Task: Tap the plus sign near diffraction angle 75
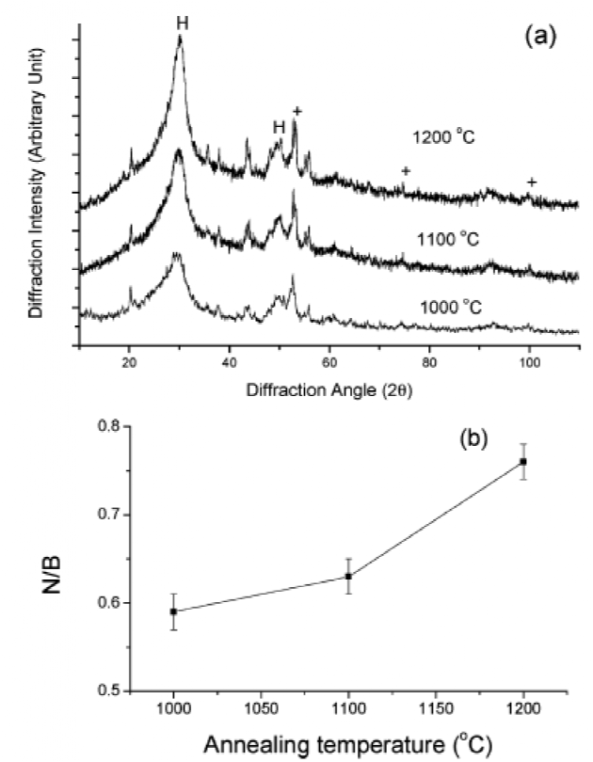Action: click(406, 170)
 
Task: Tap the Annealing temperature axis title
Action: click(348, 742)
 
